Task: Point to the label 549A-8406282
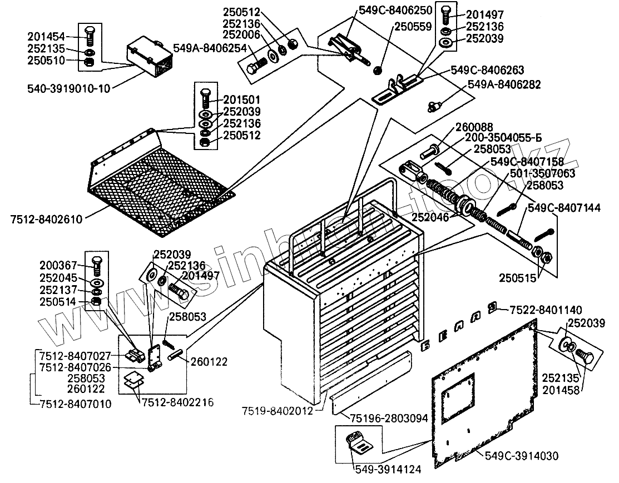point(504,84)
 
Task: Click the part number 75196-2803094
point(392,418)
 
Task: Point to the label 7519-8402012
point(276,411)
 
